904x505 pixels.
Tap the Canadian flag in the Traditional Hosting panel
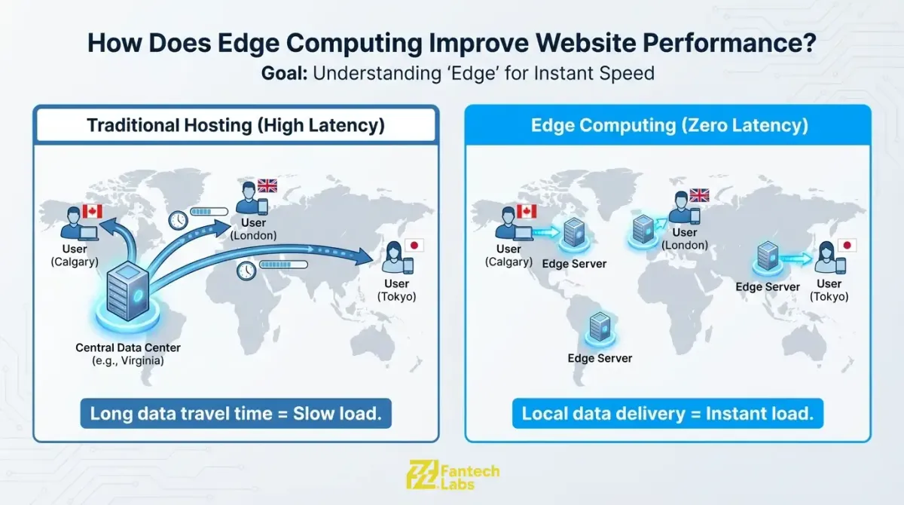pos(92,211)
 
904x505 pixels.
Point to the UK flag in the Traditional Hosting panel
pos(267,185)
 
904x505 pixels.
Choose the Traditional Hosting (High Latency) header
pos(235,124)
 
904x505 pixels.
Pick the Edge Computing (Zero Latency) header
pos(669,124)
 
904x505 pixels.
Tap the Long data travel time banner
pos(236,413)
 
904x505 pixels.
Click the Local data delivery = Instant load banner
pos(667,413)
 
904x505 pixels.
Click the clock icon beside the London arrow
pos(178,219)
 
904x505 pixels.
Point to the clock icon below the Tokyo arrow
pos(246,270)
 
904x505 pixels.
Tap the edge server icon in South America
pos(600,329)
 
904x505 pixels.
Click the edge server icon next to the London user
pos(642,228)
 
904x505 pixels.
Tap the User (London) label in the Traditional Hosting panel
pos(253,229)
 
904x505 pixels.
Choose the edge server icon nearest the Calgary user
pos(574,234)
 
